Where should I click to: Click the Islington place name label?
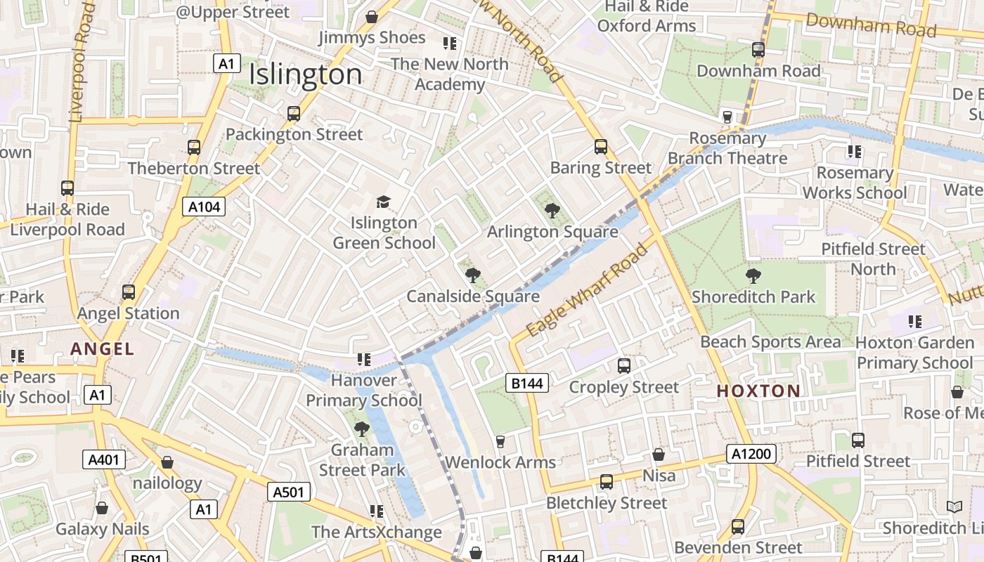tap(306, 74)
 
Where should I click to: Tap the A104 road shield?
tap(205, 207)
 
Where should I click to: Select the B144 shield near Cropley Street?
tap(526, 383)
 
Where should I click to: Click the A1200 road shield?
tap(751, 454)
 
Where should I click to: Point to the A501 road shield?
tap(289, 492)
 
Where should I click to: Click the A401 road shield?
tap(104, 459)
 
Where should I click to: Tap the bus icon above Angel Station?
tap(129, 292)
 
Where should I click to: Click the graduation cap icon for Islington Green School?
tap(383, 202)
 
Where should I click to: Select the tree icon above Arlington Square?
tap(552, 210)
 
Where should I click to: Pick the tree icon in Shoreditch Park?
tap(753, 275)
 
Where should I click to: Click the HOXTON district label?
tap(758, 391)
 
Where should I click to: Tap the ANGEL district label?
tap(102, 348)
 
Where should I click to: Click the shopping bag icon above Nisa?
tap(659, 455)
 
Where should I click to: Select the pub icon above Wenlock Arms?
tap(500, 441)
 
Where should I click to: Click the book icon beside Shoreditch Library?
tap(954, 507)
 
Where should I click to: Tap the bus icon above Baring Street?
tap(601, 147)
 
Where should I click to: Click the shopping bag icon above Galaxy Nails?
tap(102, 508)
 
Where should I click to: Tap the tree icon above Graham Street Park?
tap(362, 429)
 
